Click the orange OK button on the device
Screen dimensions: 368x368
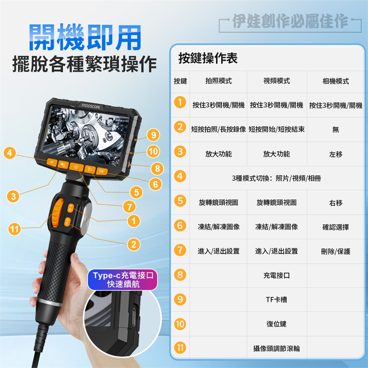pyautogui.click(x=102, y=171)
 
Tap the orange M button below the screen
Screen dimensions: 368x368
pyautogui.click(x=52, y=162)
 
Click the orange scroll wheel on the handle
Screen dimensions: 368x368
pyautogui.click(x=57, y=213)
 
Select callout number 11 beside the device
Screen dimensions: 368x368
pyautogui.click(x=14, y=229)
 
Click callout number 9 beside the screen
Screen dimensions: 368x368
pyautogui.click(x=153, y=135)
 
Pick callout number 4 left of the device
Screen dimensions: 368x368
pyautogui.click(x=10, y=153)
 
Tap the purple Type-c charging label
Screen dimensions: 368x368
pyautogui.click(x=123, y=279)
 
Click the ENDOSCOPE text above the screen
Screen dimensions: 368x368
pyautogui.click(x=90, y=106)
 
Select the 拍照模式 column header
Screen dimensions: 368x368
pyautogui.click(x=219, y=81)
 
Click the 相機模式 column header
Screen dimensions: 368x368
pyautogui.click(x=336, y=81)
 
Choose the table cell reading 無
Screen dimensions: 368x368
pyautogui.click(x=336, y=129)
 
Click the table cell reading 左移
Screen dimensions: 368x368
pyautogui.click(x=336, y=154)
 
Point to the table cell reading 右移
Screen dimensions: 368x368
pyautogui.click(x=336, y=203)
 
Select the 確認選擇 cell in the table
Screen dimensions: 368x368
pyautogui.click(x=336, y=227)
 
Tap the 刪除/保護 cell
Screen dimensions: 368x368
pyautogui.click(x=336, y=251)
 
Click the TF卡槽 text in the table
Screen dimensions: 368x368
pyautogui.click(x=276, y=299)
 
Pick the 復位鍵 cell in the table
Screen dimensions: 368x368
pyautogui.click(x=276, y=324)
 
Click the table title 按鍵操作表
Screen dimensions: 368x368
pyautogui.click(x=208, y=58)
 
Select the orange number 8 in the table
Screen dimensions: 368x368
pyautogui.click(x=180, y=275)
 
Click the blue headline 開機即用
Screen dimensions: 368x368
pyautogui.click(x=85, y=38)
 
